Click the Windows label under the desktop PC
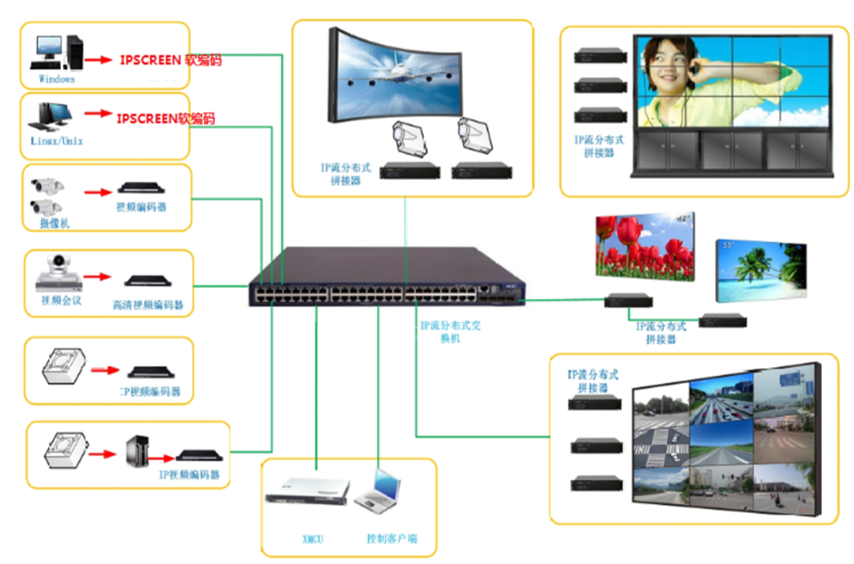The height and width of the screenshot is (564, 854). pyautogui.click(x=57, y=79)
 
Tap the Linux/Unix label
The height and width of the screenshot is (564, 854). pyautogui.click(x=57, y=141)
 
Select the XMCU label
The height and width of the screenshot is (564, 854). pyautogui.click(x=312, y=539)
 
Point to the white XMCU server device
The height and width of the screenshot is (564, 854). pyautogui.click(x=308, y=491)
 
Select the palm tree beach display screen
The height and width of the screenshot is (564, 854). pyautogui.click(x=761, y=270)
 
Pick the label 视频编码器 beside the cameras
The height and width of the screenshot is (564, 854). pyautogui.click(x=141, y=207)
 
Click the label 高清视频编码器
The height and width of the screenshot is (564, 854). pyautogui.click(x=148, y=305)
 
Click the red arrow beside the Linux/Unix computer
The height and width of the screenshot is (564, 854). pyautogui.click(x=98, y=114)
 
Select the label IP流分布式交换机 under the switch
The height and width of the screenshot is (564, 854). pyautogui.click(x=450, y=332)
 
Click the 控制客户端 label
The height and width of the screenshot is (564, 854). pyautogui.click(x=392, y=539)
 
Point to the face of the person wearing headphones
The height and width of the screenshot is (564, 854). pyautogui.click(x=666, y=66)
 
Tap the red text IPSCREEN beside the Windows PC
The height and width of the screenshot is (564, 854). pyautogui.click(x=150, y=60)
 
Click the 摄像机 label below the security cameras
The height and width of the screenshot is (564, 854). pyautogui.click(x=54, y=224)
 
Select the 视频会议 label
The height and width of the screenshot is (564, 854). pyautogui.click(x=61, y=301)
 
